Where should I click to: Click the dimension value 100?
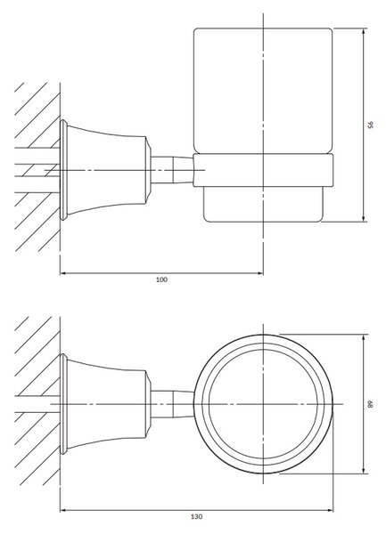click(x=161, y=280)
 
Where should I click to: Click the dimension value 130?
click(x=196, y=526)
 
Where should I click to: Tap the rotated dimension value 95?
click(x=371, y=125)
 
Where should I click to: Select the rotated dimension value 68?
click(x=371, y=404)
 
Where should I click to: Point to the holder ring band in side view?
click(x=263, y=170)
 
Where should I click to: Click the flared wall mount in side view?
click(x=105, y=170)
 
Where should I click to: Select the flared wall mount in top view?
click(x=105, y=404)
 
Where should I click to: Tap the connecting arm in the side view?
click(x=172, y=170)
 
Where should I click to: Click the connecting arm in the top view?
click(x=172, y=404)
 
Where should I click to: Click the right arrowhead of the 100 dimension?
click(x=260, y=273)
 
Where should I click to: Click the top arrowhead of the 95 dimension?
click(x=364, y=31)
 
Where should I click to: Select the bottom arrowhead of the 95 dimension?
click(x=364, y=219)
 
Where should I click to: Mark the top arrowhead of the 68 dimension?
click(x=364, y=337)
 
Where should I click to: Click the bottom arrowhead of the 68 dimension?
click(x=364, y=470)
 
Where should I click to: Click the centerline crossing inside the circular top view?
click(x=263, y=404)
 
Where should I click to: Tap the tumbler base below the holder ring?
click(x=263, y=205)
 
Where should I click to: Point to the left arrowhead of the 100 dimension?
click(x=63, y=273)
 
